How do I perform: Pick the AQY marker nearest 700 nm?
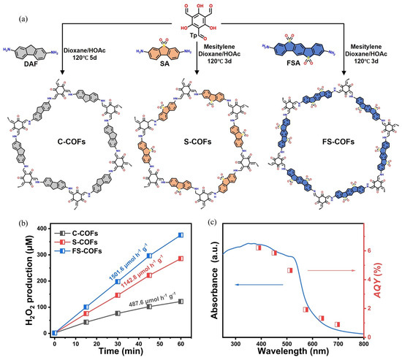tap(338, 323)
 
